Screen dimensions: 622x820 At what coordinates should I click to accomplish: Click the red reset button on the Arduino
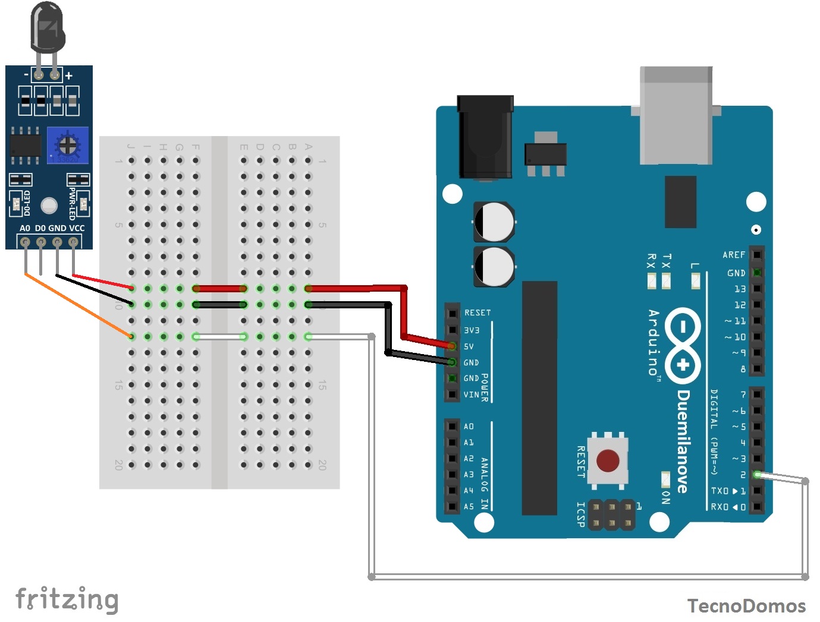[x=607, y=460]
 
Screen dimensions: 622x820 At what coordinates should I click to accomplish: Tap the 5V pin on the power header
[x=452, y=346]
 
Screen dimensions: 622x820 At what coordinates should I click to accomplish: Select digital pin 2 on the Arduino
[x=756, y=475]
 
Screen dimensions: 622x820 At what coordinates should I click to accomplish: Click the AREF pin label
[x=734, y=255]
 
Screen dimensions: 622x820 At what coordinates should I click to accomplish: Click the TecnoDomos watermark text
[x=746, y=605]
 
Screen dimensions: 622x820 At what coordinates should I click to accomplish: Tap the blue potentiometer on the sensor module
[x=69, y=145]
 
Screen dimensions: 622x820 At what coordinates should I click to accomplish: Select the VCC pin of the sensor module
[x=73, y=242]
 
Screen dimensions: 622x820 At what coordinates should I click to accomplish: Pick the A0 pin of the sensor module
[x=25, y=242]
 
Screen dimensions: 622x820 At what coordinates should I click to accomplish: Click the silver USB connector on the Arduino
[x=676, y=115]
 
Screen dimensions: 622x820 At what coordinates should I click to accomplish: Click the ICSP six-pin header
[x=611, y=514]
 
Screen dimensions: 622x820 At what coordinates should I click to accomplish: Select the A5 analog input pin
[x=453, y=507]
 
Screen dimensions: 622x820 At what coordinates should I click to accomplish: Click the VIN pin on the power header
[x=453, y=394]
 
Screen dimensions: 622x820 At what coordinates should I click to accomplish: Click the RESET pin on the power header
[x=453, y=312]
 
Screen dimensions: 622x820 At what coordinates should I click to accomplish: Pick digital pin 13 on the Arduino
[x=756, y=289]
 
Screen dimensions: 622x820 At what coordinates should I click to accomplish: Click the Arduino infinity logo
[x=683, y=346]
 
